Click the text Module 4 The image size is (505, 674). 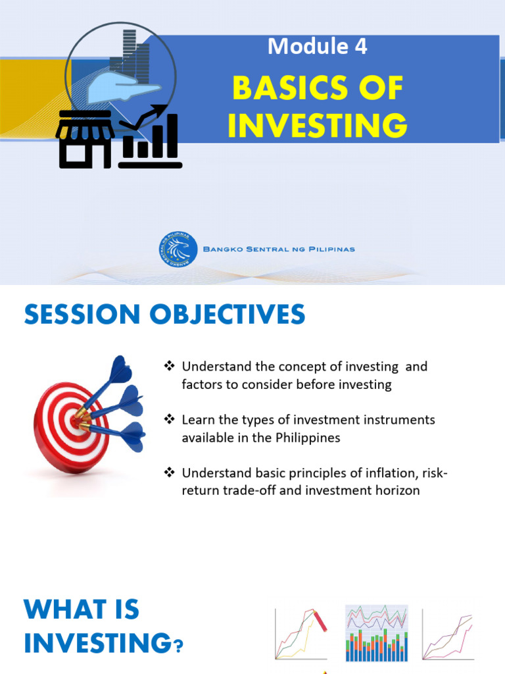[317, 47]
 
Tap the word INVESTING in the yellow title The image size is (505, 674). [318, 125]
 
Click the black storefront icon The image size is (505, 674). [85, 139]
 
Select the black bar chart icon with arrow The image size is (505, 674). [151, 138]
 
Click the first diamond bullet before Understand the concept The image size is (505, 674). [169, 367]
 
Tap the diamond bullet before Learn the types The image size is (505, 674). [169, 420]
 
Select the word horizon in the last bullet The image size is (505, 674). [395, 491]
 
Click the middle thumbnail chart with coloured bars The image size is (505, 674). [377, 633]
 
